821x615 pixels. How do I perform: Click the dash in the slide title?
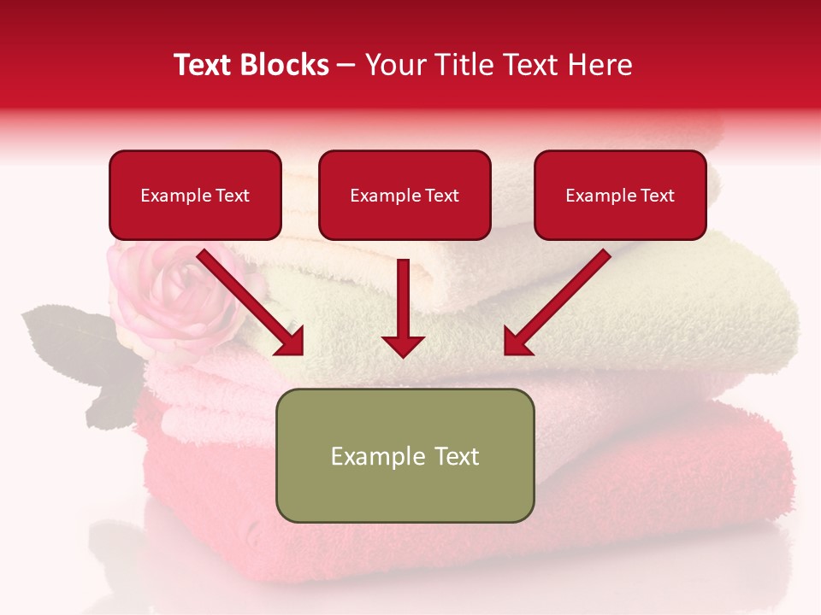(x=346, y=66)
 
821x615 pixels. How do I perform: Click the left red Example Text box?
(x=195, y=195)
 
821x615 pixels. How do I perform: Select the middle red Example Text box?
(x=405, y=195)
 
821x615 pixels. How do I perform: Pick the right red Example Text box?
(x=620, y=195)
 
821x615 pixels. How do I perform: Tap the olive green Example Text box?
(x=405, y=455)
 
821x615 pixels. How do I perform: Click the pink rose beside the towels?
(x=175, y=295)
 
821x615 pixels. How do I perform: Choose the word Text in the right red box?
(x=657, y=195)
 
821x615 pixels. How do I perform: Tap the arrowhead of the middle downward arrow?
(x=403, y=345)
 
